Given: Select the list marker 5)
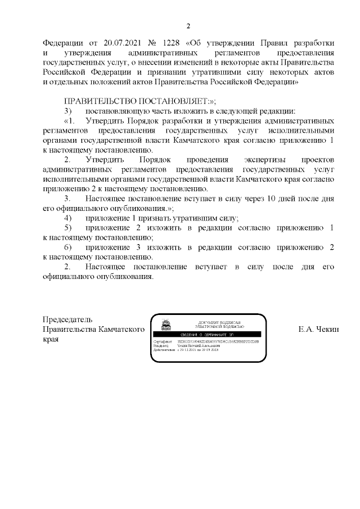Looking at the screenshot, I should point(68,228).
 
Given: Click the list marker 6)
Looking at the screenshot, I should point(68,247).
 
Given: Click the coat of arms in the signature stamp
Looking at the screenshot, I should point(166,326).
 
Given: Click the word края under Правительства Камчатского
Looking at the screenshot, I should point(51,340).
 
